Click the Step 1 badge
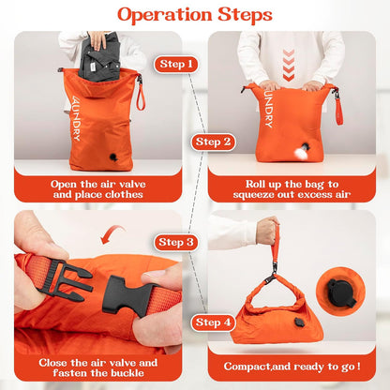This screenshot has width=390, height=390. pyautogui.click(x=176, y=65)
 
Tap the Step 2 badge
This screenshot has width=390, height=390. pyautogui.click(x=213, y=142)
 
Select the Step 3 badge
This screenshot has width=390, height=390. pyautogui.click(x=176, y=242)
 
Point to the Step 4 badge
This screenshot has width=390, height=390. pyautogui.click(x=213, y=322)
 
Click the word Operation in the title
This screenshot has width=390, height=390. pyautogui.click(x=165, y=15)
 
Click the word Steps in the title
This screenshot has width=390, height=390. pyautogui.click(x=245, y=14)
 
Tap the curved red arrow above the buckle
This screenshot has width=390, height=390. pyautogui.click(x=112, y=234)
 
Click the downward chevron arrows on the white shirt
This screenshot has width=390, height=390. pyautogui.click(x=288, y=65)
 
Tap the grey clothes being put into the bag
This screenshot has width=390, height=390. pyautogui.click(x=99, y=57)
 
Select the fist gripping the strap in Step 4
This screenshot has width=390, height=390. pyautogui.click(x=267, y=231)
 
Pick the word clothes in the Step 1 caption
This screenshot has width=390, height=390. pyautogui.click(x=124, y=195)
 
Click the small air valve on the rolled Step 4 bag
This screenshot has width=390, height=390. pyautogui.click(x=300, y=322)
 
